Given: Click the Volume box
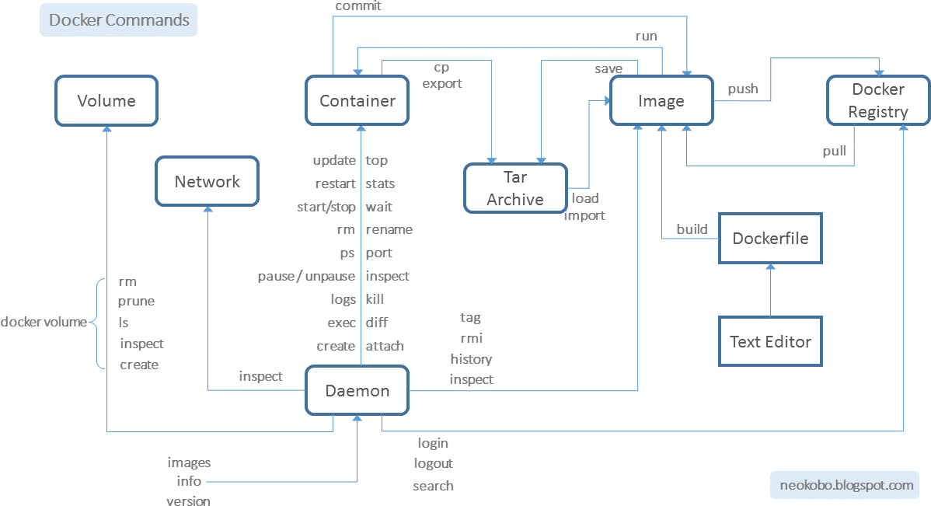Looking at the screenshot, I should click(x=106, y=100).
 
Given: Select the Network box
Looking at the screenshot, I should click(x=207, y=182).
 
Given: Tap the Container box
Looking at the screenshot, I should click(x=357, y=100).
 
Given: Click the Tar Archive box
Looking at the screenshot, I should click(x=515, y=189).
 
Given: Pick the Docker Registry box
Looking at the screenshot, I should click(x=878, y=100).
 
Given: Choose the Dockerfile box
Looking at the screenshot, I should click(x=770, y=239).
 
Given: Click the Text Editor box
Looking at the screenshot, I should click(x=770, y=341).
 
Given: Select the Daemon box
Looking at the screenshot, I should click(x=357, y=391).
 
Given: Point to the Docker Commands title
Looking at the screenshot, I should click(x=119, y=20).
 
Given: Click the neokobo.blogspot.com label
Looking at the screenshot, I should click(x=846, y=485).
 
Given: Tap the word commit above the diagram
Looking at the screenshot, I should click(x=358, y=6).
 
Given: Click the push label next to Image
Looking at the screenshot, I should click(x=743, y=89).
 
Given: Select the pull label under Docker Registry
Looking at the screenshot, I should click(x=835, y=151).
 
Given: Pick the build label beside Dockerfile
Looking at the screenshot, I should click(x=692, y=229).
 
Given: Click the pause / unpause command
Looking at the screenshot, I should click(x=306, y=276).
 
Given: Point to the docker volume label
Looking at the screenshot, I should click(x=44, y=322).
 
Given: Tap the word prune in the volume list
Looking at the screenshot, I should click(x=136, y=301).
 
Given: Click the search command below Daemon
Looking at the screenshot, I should click(x=433, y=486).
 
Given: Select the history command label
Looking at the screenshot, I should click(x=471, y=359).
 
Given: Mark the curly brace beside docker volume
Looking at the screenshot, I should click(x=99, y=323).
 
